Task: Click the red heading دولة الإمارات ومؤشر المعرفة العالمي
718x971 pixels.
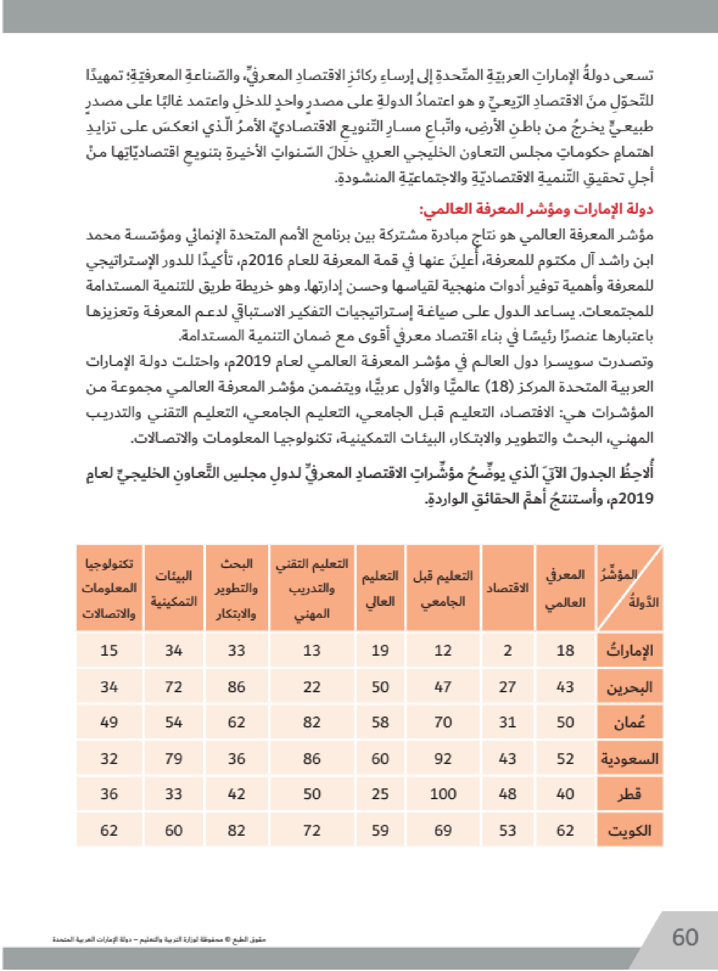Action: pos(536,210)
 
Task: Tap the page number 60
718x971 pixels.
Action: pos(685,937)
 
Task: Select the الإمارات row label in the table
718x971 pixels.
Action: pos(629,650)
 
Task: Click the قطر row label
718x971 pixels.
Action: pos(629,794)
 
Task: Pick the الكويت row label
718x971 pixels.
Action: pos(629,830)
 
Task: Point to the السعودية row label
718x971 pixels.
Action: pos(629,759)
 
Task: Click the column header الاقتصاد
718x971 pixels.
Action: pos(507,588)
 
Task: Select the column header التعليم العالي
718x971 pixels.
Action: pos(380,588)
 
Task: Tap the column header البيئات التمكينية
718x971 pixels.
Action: pos(174,588)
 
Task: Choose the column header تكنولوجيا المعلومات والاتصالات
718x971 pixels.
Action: pos(109,588)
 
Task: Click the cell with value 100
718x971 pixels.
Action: pos(443,794)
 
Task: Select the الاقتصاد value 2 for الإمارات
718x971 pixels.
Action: pos(507,650)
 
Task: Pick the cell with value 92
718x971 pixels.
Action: pos(443,759)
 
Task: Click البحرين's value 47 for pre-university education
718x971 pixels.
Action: pos(443,687)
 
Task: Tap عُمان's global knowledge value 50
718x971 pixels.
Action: pos(565,722)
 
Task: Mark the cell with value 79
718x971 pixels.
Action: pos(174,759)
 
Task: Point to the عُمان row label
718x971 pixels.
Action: pos(629,722)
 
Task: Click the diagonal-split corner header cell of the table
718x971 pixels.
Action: pos(629,588)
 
